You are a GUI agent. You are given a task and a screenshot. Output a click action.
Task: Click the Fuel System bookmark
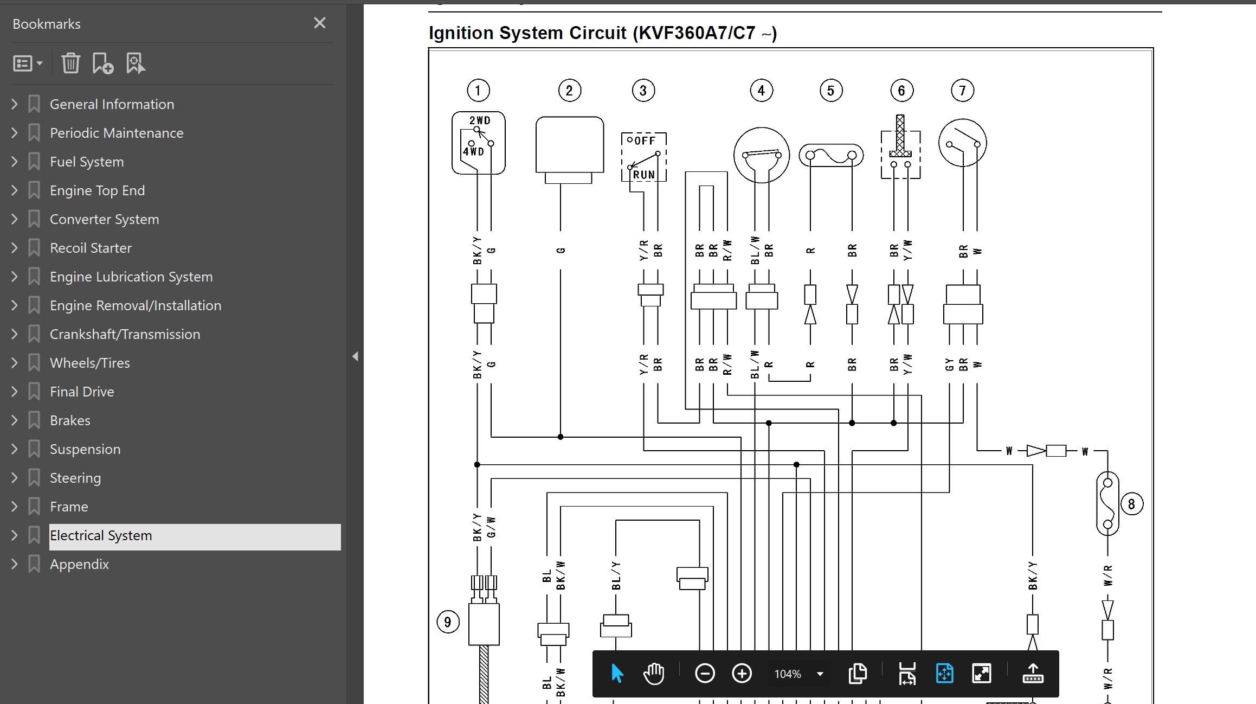click(x=87, y=162)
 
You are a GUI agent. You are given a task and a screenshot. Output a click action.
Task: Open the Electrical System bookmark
click(x=101, y=536)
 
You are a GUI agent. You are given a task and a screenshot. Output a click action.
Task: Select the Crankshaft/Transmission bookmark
click(x=125, y=334)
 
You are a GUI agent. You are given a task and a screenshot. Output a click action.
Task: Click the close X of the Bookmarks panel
click(x=320, y=23)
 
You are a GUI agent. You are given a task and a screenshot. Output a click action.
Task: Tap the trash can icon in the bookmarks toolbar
click(x=70, y=63)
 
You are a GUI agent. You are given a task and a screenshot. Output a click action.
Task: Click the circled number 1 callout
click(x=478, y=91)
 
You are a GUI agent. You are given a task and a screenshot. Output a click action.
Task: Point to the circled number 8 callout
click(x=1132, y=504)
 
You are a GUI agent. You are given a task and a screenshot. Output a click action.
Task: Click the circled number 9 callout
click(x=448, y=622)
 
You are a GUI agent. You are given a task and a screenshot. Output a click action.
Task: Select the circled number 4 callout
click(x=762, y=91)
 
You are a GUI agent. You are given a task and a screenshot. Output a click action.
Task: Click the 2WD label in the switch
click(x=480, y=120)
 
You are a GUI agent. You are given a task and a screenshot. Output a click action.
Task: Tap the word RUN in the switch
click(x=644, y=175)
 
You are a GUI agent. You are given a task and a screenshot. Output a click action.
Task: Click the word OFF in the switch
click(x=645, y=141)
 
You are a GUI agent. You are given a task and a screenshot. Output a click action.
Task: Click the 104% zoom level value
click(x=788, y=674)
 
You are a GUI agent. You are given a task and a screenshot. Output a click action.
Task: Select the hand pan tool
click(x=654, y=674)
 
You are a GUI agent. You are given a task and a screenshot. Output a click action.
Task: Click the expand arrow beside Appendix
click(x=15, y=564)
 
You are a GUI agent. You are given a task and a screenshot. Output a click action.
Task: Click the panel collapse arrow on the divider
click(x=355, y=356)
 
